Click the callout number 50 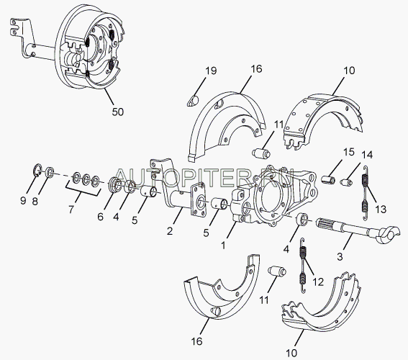pos(117,112)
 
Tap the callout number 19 pos(211,71)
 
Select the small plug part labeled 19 pos(193,102)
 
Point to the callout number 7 pos(71,209)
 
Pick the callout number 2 pos(170,231)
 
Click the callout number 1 pos(223,245)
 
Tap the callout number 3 pos(340,256)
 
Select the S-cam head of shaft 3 pos(387,234)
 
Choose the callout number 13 pos(381,209)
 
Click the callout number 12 pos(318,282)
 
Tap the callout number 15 pos(349,152)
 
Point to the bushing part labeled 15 pos(328,179)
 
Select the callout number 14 pos(367,155)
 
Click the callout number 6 pos(101,216)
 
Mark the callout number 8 pos(35,202)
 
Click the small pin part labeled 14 pos(346,182)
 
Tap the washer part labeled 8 pos(50,172)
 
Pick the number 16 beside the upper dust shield pos(256,69)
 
